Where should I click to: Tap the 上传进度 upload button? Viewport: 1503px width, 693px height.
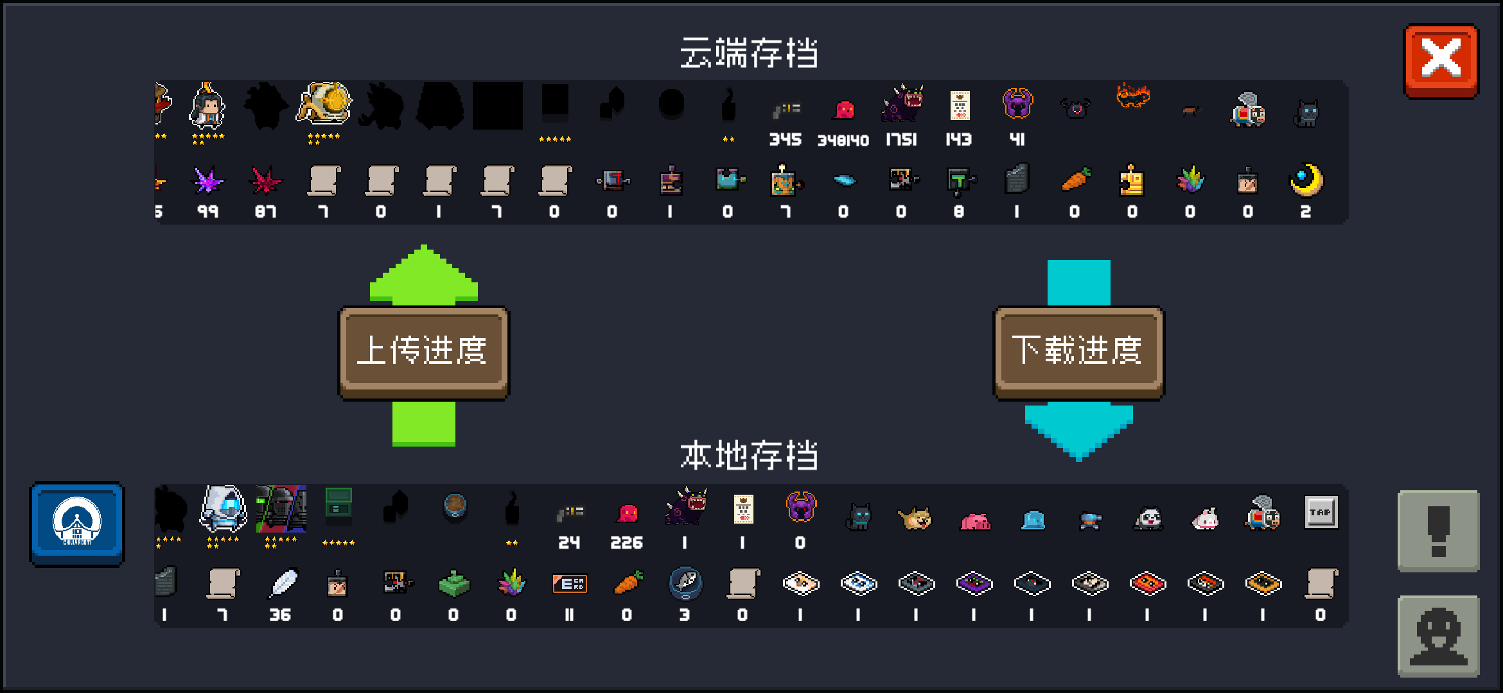tap(423, 351)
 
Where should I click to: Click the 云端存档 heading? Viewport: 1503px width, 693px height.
tap(749, 53)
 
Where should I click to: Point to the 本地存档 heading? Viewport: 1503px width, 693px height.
tap(749, 456)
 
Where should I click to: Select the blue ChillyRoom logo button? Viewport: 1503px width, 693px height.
tap(77, 524)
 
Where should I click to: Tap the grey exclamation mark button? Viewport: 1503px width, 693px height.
tap(1438, 531)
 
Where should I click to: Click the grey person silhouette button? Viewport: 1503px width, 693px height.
tap(1438, 636)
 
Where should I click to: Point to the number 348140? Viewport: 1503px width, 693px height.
tap(843, 141)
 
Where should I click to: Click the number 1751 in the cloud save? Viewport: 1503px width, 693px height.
tap(901, 140)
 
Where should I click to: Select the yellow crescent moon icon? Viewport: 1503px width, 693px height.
tap(1306, 180)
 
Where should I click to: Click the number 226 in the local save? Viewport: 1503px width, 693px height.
tap(626, 543)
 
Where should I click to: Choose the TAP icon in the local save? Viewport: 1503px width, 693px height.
tap(1321, 512)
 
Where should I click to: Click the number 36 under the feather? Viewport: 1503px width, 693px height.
tap(280, 615)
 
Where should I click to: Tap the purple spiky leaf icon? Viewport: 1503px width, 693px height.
tap(207, 181)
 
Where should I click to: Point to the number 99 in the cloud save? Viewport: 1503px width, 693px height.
tap(207, 212)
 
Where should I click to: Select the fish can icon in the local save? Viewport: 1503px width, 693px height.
tap(685, 583)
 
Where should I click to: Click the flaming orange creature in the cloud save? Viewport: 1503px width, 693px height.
tap(1132, 96)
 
